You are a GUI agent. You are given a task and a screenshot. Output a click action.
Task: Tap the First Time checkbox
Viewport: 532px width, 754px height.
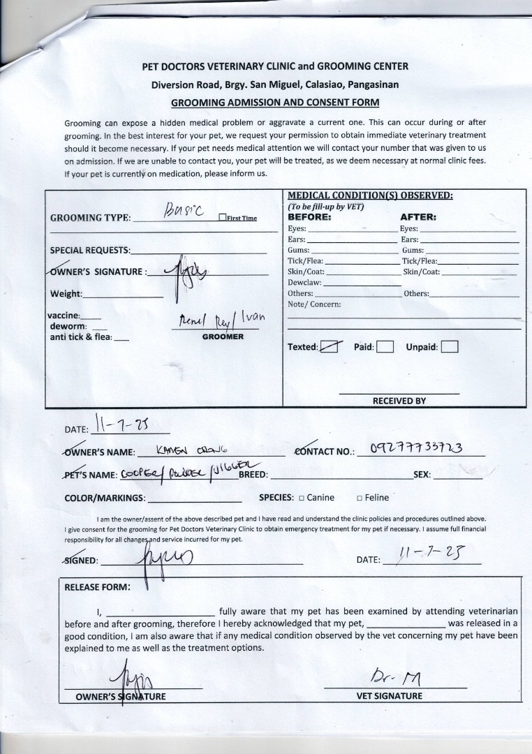coord(221,218)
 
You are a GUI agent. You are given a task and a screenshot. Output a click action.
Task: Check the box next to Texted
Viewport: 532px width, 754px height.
coord(330,347)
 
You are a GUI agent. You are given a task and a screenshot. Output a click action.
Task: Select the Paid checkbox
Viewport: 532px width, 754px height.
coord(385,347)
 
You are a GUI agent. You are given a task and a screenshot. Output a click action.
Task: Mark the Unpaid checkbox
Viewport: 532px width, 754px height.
coord(450,347)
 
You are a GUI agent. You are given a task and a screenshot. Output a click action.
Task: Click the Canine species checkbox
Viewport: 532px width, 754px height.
coord(302,498)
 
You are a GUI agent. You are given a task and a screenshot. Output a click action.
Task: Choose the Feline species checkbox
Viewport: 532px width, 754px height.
coord(360,498)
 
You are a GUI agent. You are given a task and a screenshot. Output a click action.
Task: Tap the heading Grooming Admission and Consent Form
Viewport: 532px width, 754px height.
coord(275,102)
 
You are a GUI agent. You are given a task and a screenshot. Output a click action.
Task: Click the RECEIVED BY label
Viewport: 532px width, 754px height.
coord(399,401)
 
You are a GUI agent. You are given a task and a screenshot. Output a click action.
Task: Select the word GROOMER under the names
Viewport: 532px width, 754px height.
coord(223,337)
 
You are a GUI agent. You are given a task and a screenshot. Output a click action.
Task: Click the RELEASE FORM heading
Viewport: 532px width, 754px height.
coord(97,586)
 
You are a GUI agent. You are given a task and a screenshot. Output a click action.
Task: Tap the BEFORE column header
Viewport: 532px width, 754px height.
coord(310,217)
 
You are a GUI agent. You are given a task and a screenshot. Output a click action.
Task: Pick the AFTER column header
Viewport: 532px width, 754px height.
coord(418,217)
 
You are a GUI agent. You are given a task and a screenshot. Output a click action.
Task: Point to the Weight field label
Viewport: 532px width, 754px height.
coord(66,294)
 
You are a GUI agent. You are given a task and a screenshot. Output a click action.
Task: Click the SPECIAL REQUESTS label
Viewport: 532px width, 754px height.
coord(90,250)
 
